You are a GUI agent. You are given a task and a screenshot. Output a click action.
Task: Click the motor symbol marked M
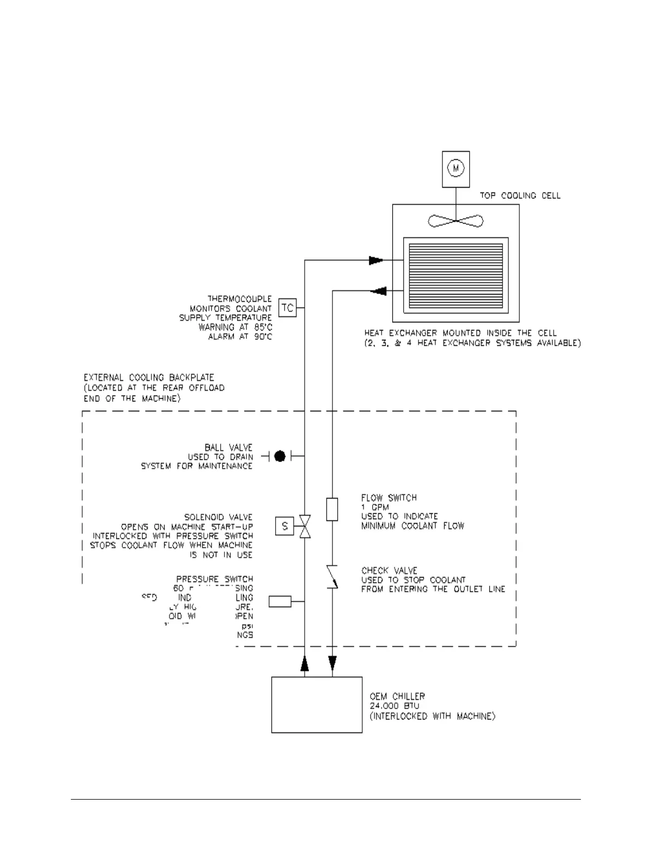[456, 169]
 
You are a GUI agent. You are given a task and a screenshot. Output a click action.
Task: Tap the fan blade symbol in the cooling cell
[456, 221]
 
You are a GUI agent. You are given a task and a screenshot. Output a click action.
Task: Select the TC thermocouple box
[287, 308]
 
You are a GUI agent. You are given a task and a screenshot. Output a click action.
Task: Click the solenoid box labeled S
[284, 526]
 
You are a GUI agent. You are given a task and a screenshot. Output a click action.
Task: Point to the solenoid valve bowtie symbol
[305, 526]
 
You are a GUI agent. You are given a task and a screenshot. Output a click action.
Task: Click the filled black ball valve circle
[280, 456]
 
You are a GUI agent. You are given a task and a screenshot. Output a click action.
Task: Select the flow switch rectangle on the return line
[332, 509]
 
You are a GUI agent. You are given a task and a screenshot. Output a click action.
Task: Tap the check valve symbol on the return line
[332, 577]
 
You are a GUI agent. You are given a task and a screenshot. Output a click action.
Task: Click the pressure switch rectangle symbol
[280, 602]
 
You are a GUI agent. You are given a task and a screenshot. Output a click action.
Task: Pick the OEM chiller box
[317, 705]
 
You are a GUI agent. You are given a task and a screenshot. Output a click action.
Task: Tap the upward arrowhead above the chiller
[305, 663]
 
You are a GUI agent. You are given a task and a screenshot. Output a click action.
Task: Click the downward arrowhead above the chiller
[332, 663]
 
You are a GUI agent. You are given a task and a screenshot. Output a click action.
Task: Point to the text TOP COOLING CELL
[520, 195]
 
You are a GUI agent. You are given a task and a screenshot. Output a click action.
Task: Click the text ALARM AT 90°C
[240, 337]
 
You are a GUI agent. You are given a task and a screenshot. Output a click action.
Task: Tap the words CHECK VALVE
[389, 571]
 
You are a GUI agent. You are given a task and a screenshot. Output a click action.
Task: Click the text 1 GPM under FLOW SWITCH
[375, 507]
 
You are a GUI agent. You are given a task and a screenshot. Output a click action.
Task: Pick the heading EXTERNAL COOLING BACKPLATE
[149, 377]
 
